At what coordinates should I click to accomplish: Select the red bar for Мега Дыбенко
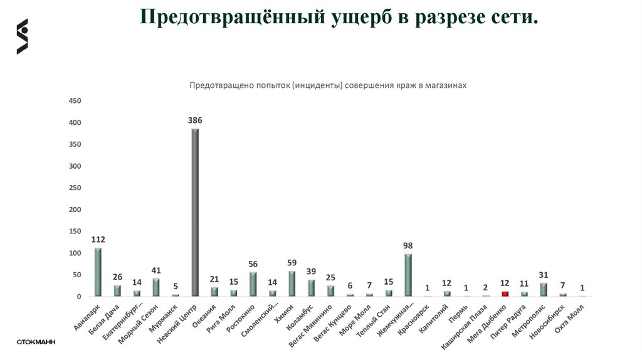pyautogui.click(x=505, y=294)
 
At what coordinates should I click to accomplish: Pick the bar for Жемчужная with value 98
pyautogui.click(x=408, y=275)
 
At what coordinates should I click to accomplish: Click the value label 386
pyautogui.click(x=195, y=120)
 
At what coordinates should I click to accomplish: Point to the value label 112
pyautogui.click(x=98, y=239)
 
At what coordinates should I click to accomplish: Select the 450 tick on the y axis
pyautogui.click(x=75, y=100)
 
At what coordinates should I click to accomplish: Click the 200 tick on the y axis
pyautogui.click(x=75, y=209)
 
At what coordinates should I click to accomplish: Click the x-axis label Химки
pyautogui.click(x=285, y=310)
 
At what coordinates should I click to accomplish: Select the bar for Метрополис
pyautogui.click(x=544, y=289)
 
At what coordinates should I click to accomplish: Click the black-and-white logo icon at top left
pyautogui.click(x=23, y=36)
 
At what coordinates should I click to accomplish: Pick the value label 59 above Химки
pyautogui.click(x=292, y=264)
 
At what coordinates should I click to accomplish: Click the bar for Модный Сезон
pyautogui.click(x=156, y=287)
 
